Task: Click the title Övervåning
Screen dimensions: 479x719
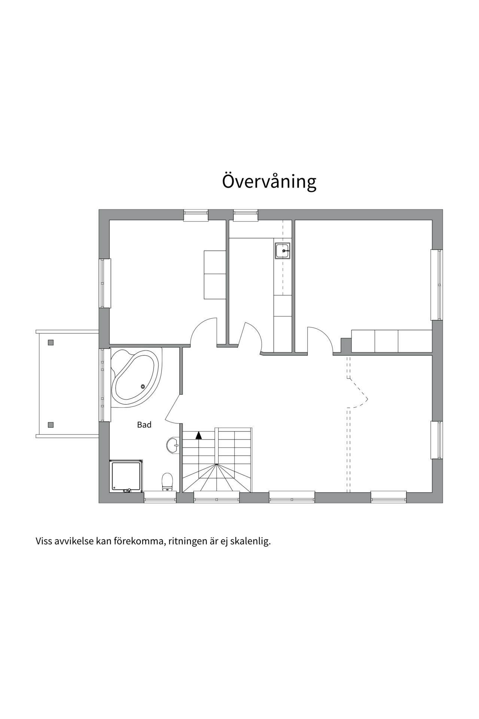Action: click(269, 181)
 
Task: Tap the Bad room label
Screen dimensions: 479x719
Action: click(144, 425)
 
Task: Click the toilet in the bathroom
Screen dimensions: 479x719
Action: click(167, 482)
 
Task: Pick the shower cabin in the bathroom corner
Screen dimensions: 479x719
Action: click(126, 476)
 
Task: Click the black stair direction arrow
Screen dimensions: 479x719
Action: click(199, 435)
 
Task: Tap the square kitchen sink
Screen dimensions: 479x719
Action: click(283, 251)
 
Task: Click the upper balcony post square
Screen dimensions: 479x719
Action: click(51, 342)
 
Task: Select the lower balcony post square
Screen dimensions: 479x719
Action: click(51, 425)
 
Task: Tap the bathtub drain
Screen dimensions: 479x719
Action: click(143, 386)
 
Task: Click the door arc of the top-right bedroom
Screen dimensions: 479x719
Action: click(324, 334)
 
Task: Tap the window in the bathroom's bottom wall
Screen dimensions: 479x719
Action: click(160, 497)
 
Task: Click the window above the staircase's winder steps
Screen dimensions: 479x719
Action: click(217, 497)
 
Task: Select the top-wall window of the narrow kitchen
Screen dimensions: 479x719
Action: click(245, 215)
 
